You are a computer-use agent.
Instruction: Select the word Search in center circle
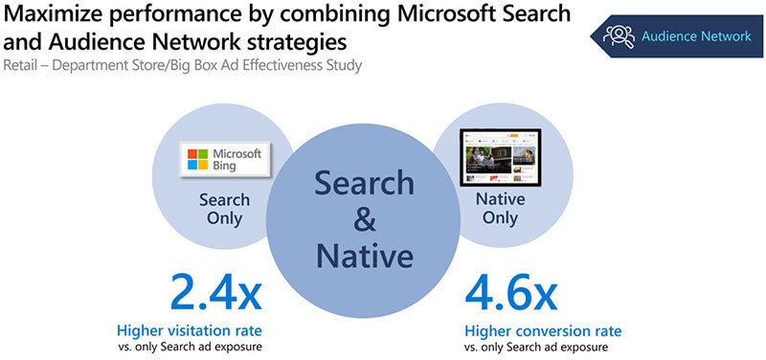coord(365,182)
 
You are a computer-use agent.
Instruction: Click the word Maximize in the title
coord(54,15)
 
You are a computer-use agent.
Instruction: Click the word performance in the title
coord(178,15)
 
